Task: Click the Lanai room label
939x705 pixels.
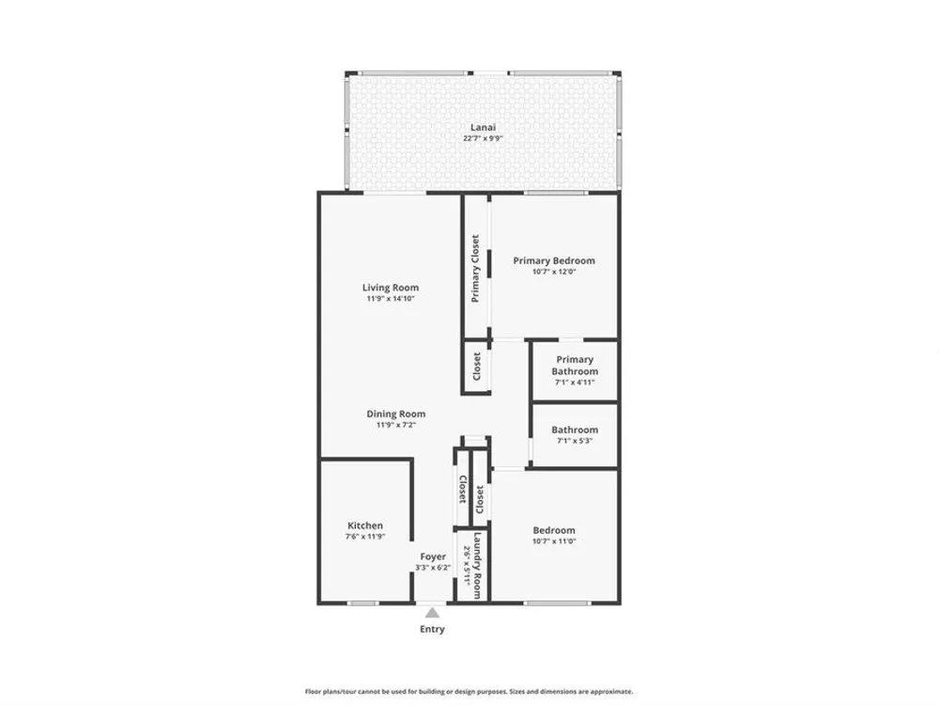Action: [483, 127]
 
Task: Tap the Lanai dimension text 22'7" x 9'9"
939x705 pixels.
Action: [483, 138]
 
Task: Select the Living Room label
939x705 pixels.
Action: [391, 288]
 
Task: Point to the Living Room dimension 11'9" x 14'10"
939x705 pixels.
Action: [391, 299]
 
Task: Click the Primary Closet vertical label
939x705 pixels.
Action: [475, 268]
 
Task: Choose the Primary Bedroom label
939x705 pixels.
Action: [554, 260]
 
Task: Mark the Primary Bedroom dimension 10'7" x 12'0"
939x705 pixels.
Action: [554, 272]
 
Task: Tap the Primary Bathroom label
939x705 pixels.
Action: [575, 365]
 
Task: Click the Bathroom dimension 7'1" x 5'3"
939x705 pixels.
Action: [575, 441]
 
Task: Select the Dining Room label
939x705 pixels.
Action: [396, 414]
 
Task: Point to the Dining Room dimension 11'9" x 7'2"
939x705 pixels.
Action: [396, 425]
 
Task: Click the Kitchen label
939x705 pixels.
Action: [365, 525]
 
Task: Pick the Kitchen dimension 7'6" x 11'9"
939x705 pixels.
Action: [365, 537]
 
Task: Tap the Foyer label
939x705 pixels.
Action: [433, 556]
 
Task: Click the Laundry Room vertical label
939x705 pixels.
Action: [477, 565]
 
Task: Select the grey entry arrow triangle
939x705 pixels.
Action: [432, 613]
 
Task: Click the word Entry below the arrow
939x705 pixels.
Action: [432, 629]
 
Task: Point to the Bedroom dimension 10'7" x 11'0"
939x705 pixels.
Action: [554, 541]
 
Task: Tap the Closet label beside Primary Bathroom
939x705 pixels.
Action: [477, 366]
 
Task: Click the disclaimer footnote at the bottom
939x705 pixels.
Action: [469, 691]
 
